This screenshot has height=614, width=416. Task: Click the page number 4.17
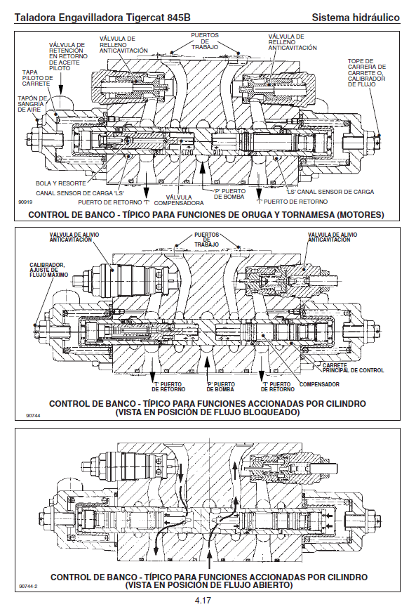[203, 600]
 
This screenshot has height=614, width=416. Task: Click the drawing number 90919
[25, 202]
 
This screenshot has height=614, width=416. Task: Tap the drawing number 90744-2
[27, 586]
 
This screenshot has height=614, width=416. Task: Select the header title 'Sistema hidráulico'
[356, 18]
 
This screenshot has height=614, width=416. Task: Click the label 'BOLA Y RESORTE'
[60, 183]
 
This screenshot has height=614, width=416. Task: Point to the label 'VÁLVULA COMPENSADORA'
[179, 200]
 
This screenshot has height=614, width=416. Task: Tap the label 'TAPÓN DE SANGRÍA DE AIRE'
[32, 104]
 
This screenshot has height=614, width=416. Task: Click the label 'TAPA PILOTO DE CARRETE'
[37, 78]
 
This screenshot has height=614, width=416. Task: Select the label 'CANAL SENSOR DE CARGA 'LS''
[80, 193]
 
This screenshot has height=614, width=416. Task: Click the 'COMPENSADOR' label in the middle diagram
[319, 384]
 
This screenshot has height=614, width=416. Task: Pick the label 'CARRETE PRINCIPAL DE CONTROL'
[353, 367]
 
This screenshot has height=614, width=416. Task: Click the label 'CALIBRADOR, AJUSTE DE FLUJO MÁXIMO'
[48, 270]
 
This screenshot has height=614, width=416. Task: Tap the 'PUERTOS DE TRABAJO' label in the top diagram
[204, 41]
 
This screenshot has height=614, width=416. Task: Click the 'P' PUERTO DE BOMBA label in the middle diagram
[220, 387]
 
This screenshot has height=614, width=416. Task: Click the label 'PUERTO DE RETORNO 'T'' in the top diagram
[114, 202]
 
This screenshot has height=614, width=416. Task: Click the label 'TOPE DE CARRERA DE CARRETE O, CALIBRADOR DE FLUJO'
[366, 72]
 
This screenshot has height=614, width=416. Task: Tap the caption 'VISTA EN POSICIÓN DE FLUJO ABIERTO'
[209, 585]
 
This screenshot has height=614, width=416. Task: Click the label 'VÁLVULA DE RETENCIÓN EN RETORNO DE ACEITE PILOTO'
[68, 56]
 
